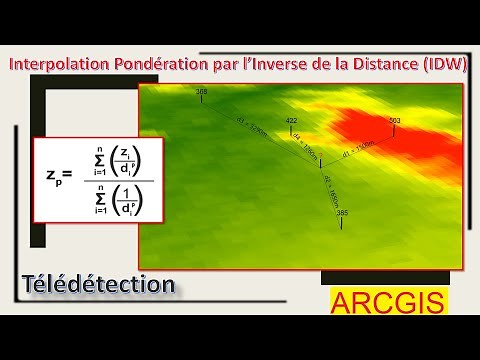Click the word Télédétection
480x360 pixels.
(x=97, y=284)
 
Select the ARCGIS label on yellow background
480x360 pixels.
(x=389, y=302)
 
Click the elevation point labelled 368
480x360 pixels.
(x=202, y=93)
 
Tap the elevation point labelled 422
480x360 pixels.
(x=292, y=120)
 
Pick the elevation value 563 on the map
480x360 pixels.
(x=394, y=120)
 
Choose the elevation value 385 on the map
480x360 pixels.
(x=342, y=214)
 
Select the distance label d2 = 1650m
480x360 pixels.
(x=333, y=186)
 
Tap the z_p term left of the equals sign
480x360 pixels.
(x=52, y=179)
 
